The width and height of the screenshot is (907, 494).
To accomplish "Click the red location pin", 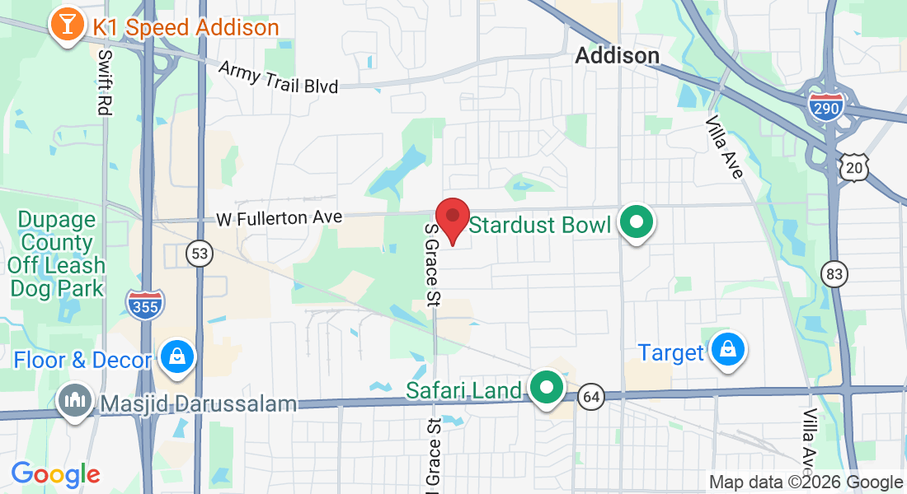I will pyautogui.click(x=453, y=218).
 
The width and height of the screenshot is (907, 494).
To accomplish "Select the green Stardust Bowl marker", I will pyautogui.click(x=637, y=222).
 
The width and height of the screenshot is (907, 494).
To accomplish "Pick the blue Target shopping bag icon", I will pyautogui.click(x=729, y=350).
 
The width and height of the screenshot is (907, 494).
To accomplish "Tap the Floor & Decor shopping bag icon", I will pyautogui.click(x=177, y=357).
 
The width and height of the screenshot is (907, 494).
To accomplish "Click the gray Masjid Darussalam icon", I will pyautogui.click(x=76, y=402).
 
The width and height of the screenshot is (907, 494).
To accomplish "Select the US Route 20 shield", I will pyautogui.click(x=853, y=167).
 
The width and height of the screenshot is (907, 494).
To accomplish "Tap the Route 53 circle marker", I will pyautogui.click(x=199, y=253).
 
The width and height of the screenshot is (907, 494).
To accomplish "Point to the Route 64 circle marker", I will pyautogui.click(x=590, y=397).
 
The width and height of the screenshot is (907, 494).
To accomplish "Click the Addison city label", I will pyautogui.click(x=617, y=55).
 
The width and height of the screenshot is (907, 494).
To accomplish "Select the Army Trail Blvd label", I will pyautogui.click(x=278, y=76).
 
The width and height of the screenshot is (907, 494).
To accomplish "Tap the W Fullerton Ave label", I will pyautogui.click(x=279, y=218).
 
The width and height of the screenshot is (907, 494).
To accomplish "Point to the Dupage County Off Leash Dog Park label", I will pyautogui.click(x=57, y=254).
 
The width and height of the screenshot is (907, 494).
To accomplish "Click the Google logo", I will pyautogui.click(x=55, y=473).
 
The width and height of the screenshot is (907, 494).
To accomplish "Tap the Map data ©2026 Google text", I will pyautogui.click(x=806, y=482).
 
